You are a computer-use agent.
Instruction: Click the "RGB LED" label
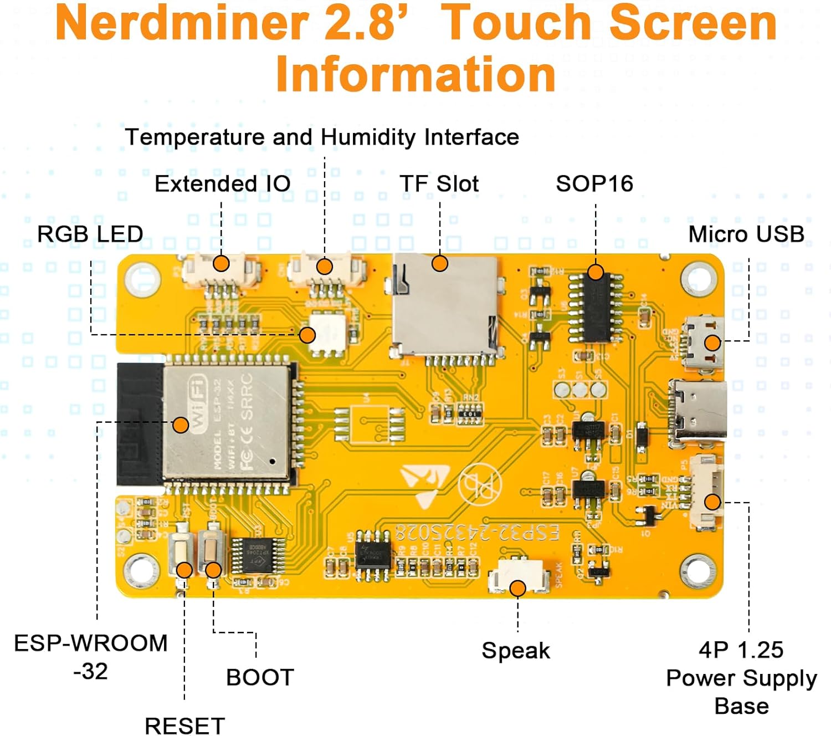pyautogui.click(x=90, y=234)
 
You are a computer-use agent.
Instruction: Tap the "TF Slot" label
pyautogui.click(x=439, y=183)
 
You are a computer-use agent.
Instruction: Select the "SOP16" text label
pyautogui.click(x=594, y=183)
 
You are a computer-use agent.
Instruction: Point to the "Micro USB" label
pyautogui.click(x=746, y=234)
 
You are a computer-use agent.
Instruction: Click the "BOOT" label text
pyautogui.click(x=260, y=677)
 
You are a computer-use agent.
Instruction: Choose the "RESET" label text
pyautogui.click(x=184, y=725)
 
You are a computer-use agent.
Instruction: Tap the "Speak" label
pyautogui.click(x=516, y=650)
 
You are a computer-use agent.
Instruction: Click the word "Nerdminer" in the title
pyautogui.click(x=182, y=23)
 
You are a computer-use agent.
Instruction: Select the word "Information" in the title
pyautogui.click(x=416, y=74)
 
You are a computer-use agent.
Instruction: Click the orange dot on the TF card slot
pyautogui.click(x=440, y=263)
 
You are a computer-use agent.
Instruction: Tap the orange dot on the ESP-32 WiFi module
pyautogui.click(x=181, y=425)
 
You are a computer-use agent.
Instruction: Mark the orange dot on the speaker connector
pyautogui.click(x=517, y=588)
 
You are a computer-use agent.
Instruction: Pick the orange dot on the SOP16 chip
pyautogui.click(x=596, y=272)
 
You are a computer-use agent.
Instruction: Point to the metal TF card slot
pyautogui.click(x=446, y=310)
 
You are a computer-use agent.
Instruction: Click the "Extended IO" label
pyautogui.click(x=222, y=183)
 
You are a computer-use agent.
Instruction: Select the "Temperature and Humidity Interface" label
pyautogui.click(x=322, y=137)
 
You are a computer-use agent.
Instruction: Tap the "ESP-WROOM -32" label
pyautogui.click(x=90, y=657)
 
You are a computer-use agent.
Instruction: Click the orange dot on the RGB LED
pyautogui.click(x=307, y=335)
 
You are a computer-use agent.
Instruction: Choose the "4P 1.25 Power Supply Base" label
pyautogui.click(x=741, y=678)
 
